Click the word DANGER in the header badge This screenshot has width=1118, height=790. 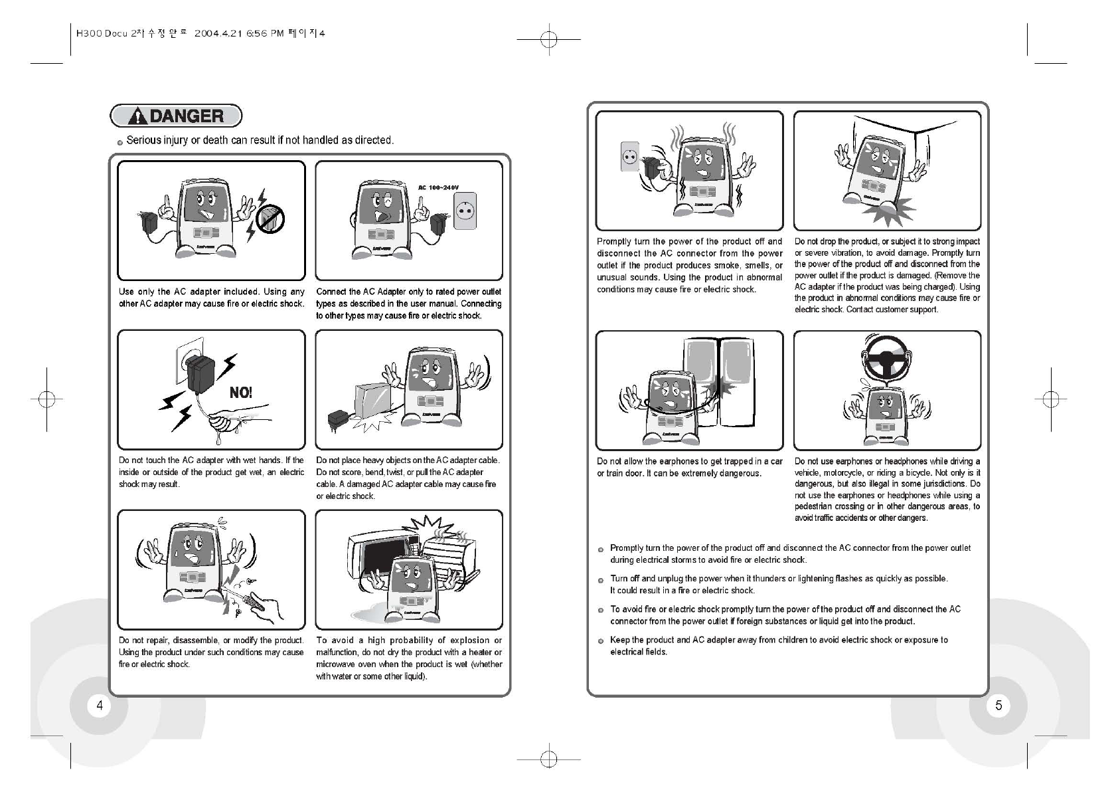pos(187,116)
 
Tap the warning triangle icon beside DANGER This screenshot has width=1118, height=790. pos(137,117)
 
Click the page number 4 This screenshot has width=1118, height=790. pos(100,705)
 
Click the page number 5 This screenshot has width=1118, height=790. pos(998,705)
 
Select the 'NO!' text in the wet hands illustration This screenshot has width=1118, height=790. pos(241,392)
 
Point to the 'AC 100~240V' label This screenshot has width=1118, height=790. pos(438,188)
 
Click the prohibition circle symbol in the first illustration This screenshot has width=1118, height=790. pos(271,219)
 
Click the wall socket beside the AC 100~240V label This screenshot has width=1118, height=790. pos(465,211)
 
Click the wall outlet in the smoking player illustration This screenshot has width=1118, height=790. pos(629,157)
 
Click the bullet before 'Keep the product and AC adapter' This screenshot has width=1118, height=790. pos(600,641)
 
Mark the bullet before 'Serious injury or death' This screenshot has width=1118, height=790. pos(120,142)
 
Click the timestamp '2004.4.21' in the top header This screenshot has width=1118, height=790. pos(216,33)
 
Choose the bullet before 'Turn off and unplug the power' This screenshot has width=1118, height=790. pos(600,579)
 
